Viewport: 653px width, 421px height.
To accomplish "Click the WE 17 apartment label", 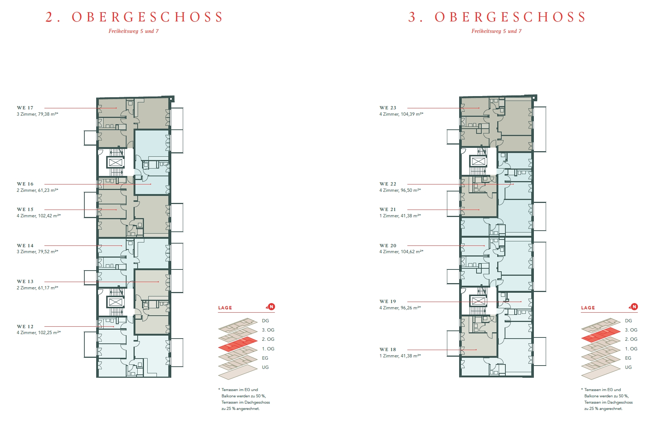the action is pos(25,108).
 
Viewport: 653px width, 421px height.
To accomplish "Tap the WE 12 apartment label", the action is pos(25,327).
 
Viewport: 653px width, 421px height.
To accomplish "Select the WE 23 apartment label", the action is pos(388,108).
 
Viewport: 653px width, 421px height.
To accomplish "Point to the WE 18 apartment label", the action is pos(388,350).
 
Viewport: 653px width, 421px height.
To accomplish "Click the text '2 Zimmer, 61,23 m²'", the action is pos(37,190).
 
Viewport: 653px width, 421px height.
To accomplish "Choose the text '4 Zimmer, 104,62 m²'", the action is pos(401,252).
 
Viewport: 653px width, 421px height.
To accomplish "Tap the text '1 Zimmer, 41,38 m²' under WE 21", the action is pos(400,216).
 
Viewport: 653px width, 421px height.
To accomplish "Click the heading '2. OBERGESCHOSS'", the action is pos(134,17).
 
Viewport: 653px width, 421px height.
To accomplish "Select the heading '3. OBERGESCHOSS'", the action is pos(497,17).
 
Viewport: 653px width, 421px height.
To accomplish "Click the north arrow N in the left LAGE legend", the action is pos(271,307).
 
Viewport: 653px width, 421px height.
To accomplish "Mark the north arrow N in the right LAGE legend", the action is pos(634,307).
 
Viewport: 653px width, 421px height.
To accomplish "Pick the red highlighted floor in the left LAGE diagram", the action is pos(238,344).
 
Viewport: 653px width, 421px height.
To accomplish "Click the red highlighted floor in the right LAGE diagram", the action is pos(600,335).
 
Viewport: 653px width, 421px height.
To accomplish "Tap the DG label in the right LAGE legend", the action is pos(629,321).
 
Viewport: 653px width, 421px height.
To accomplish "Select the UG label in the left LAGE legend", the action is pos(265,367).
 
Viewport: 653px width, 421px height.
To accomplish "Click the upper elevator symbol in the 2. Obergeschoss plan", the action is pos(116,162).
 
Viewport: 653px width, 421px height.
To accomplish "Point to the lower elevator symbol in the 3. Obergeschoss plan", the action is pos(478,301).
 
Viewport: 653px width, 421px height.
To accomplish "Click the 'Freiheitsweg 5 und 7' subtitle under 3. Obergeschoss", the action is pos(497,31).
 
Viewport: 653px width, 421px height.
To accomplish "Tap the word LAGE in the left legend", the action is pos(225,308).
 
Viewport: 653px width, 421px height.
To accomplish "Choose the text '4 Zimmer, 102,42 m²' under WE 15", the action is pos(39,216).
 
